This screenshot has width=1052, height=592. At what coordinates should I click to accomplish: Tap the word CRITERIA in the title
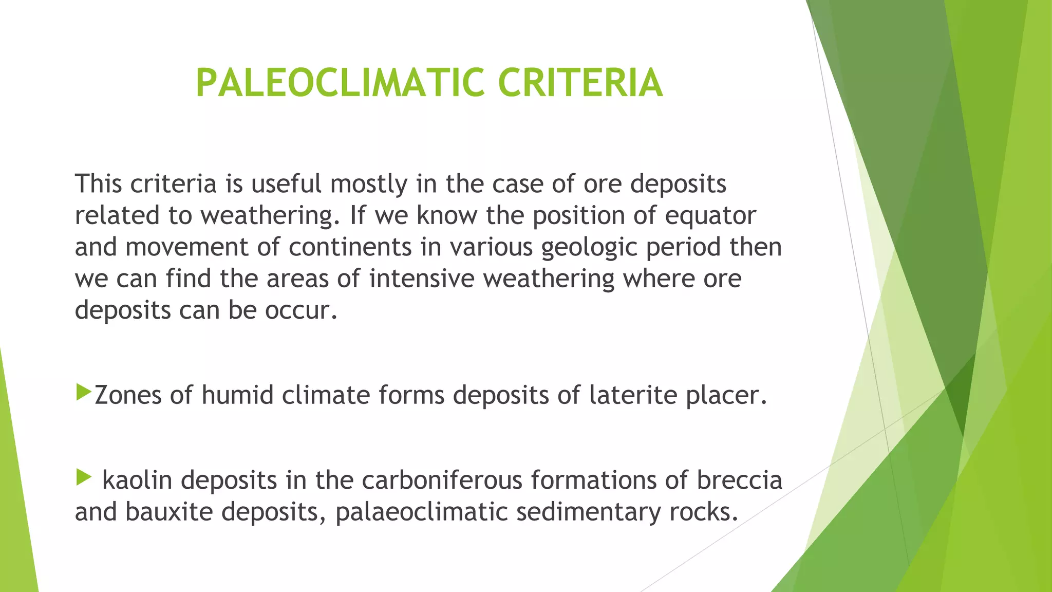pyautogui.click(x=580, y=83)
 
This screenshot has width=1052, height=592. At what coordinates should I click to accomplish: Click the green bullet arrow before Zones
pyautogui.click(x=83, y=392)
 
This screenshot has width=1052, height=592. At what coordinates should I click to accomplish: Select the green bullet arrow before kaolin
pyautogui.click(x=83, y=477)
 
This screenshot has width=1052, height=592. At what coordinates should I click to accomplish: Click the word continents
pyautogui.click(x=350, y=247)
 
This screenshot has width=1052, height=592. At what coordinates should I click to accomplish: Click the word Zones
pyautogui.click(x=128, y=395)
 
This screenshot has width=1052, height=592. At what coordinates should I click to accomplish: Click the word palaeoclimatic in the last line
pyautogui.click(x=422, y=512)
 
